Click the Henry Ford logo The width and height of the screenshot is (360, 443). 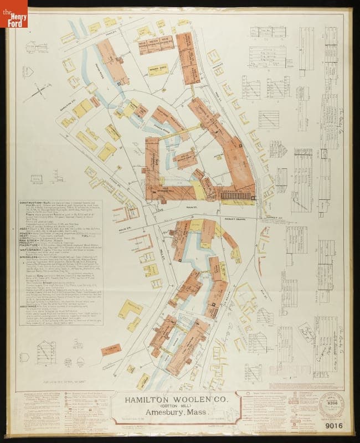13,13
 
